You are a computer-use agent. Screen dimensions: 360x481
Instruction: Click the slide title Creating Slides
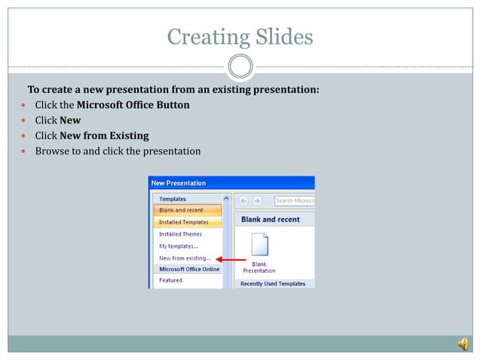[x=240, y=36]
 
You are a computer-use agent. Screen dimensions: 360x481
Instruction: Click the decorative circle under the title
[x=240, y=67]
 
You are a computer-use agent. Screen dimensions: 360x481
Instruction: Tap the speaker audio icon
[x=461, y=344]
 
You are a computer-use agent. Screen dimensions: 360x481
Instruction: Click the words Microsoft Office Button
[x=133, y=105]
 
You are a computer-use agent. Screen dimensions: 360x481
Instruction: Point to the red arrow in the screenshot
[x=226, y=258]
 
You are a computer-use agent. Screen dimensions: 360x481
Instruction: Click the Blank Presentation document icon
[x=259, y=246]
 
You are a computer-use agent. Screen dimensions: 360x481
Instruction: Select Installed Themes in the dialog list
[x=180, y=234]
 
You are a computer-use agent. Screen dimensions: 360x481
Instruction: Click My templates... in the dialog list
[x=179, y=246]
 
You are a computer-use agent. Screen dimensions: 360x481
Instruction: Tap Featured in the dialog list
[x=170, y=280]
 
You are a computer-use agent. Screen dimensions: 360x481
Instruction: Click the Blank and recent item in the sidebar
[x=181, y=210]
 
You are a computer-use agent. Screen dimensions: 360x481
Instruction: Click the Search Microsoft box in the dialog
[x=294, y=200]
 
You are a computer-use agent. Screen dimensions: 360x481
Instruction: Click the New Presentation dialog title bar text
[x=179, y=183]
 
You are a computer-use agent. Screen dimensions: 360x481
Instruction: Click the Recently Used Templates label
[x=273, y=284]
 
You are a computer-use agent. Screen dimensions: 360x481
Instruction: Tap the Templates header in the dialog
[x=173, y=199]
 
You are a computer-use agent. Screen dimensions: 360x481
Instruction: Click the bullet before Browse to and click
[x=23, y=151]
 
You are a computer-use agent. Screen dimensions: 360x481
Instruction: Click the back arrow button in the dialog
[x=244, y=200]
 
